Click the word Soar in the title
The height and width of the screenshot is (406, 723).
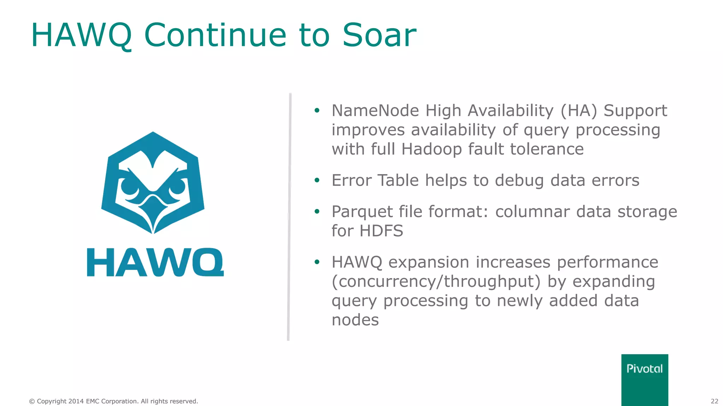[x=379, y=35]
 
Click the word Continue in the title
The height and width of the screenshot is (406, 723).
[x=215, y=35]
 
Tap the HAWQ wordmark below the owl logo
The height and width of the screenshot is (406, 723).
[x=155, y=262]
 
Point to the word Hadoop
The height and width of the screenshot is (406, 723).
[x=431, y=149]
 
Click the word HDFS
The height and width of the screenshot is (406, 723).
[x=381, y=231]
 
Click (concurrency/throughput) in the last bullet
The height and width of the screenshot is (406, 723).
[x=436, y=282]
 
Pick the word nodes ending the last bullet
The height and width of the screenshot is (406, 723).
[x=355, y=320]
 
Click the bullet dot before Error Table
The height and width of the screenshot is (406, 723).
[x=317, y=180]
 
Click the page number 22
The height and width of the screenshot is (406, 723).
[x=714, y=401]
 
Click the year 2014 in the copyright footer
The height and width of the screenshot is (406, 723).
[x=76, y=401]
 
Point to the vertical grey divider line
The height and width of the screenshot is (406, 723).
[x=289, y=217]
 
